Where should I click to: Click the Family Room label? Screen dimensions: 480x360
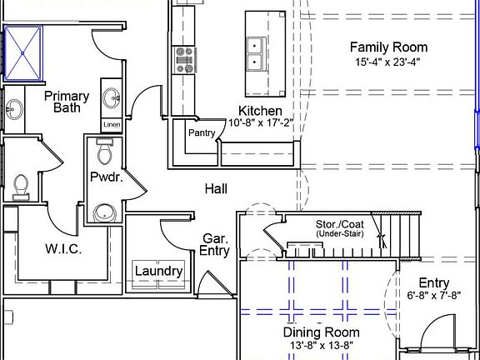click(x=388, y=47)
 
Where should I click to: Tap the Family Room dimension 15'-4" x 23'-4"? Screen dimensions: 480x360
click(x=387, y=62)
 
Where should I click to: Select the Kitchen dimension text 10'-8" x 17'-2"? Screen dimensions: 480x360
click(x=261, y=122)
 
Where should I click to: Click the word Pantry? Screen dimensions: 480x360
click(x=202, y=132)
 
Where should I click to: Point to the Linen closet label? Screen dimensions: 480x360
click(x=112, y=125)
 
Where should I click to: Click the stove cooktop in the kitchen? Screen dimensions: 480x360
click(x=183, y=60)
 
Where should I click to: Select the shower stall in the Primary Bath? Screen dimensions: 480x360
click(x=22, y=53)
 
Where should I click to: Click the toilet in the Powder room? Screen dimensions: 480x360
click(x=104, y=151)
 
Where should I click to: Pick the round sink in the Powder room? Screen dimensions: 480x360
click(x=105, y=212)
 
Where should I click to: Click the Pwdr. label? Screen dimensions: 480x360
click(x=107, y=177)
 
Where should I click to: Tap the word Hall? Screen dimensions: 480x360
click(x=216, y=189)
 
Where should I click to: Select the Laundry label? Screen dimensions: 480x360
click(x=159, y=272)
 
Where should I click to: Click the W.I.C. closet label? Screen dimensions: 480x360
click(x=63, y=249)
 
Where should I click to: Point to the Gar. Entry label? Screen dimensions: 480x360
click(x=215, y=245)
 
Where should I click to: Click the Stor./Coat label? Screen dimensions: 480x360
click(x=340, y=224)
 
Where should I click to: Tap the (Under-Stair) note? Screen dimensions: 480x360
click(x=340, y=234)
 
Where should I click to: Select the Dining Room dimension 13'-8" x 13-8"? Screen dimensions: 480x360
click(x=322, y=346)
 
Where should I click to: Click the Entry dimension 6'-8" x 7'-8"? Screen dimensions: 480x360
click(x=434, y=295)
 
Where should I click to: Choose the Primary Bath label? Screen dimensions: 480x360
click(x=67, y=102)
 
